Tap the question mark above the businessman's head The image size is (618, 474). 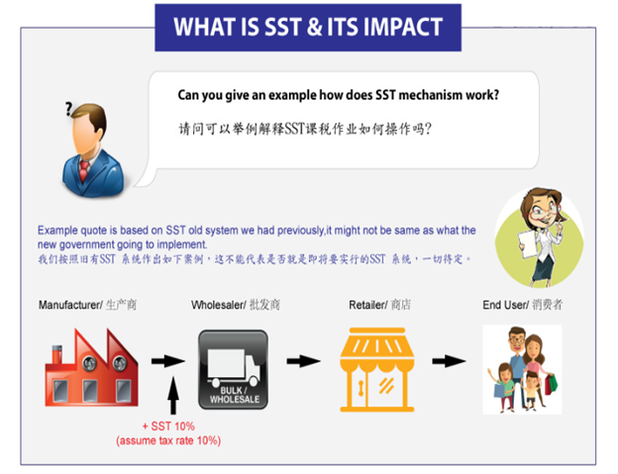tap(69, 109)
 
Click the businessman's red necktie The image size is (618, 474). tap(84, 170)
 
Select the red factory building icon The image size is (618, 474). tap(91, 367)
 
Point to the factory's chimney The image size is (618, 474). tap(56, 354)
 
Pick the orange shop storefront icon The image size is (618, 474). tap(376, 369)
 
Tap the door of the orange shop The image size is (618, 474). tap(360, 388)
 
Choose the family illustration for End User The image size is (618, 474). tap(522, 369)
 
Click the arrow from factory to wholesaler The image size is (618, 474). tap(168, 360)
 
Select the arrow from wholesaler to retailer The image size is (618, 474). tap(303, 360)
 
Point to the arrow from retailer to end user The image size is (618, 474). tap(449, 360)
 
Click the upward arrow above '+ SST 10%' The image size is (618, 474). tap(173, 395)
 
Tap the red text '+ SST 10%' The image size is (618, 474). tap(168, 427)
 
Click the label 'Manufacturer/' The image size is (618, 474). tap(70, 305)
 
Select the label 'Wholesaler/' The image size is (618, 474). tap(219, 305)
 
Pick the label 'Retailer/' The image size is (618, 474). tap(368, 305)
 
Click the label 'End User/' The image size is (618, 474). tap(506, 305)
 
